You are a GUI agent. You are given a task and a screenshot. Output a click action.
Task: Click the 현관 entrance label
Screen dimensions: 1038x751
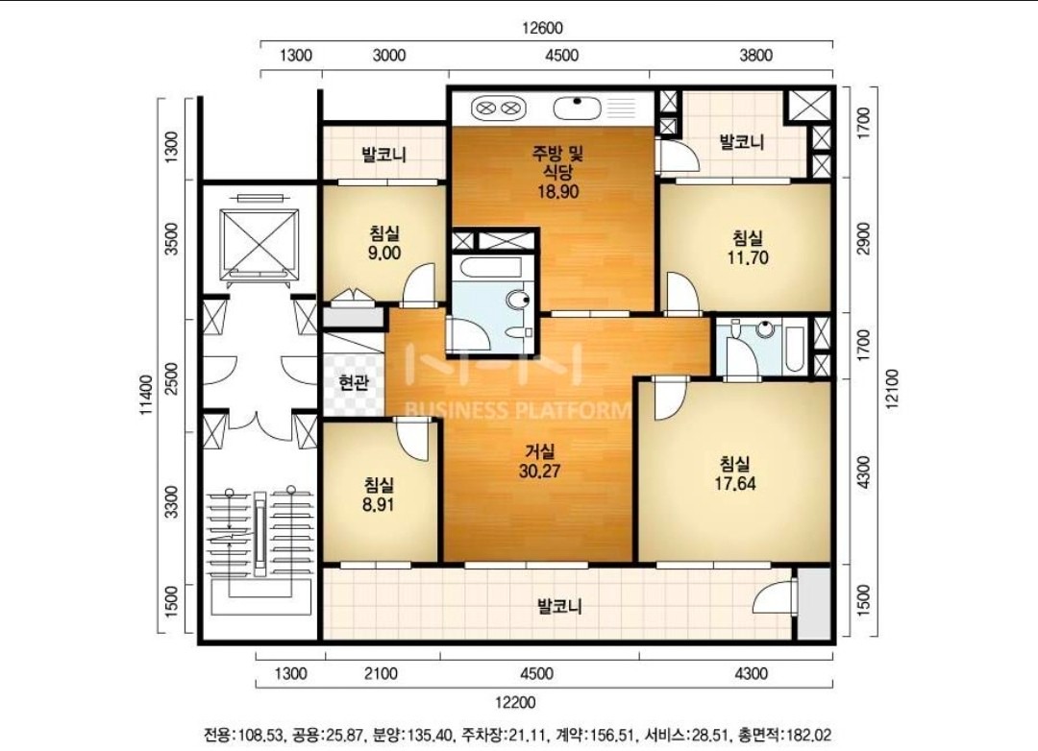tap(353, 382)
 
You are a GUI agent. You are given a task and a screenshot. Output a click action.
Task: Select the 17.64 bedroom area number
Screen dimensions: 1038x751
tap(735, 483)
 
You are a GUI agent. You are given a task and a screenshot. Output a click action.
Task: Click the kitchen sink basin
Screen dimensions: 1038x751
tap(577, 108)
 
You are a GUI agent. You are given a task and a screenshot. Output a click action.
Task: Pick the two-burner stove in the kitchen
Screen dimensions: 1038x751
tap(498, 108)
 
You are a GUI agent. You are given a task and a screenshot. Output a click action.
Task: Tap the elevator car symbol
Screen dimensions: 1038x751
tap(259, 241)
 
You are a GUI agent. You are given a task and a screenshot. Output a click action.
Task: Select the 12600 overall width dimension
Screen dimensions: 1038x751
tap(542, 29)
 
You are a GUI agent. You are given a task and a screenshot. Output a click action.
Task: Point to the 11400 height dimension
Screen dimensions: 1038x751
tap(146, 395)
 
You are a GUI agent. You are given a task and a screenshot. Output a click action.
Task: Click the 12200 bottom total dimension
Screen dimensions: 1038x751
tap(516, 703)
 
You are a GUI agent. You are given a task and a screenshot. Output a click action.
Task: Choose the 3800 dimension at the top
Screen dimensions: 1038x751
tap(755, 55)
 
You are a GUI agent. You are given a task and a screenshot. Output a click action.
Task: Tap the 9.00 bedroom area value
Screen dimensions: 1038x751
tap(383, 253)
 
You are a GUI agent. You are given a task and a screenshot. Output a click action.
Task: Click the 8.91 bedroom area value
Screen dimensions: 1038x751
tap(379, 504)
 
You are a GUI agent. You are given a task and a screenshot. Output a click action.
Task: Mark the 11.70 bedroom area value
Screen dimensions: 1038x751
tap(748, 256)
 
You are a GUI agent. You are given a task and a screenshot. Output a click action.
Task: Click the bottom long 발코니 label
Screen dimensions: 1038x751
tap(559, 606)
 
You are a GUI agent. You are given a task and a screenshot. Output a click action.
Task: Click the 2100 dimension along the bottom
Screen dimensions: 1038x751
tap(382, 673)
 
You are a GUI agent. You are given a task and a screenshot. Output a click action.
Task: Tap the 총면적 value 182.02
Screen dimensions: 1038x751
tap(808, 735)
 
